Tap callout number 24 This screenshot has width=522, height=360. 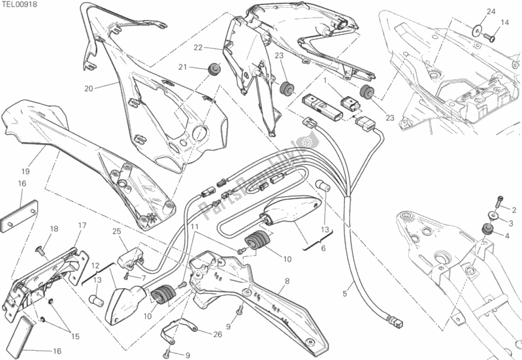[x=491, y=11]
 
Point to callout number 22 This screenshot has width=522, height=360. [x=197, y=48]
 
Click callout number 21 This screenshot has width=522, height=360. [x=183, y=67]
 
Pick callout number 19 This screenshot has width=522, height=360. [x=25, y=172]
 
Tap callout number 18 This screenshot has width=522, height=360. [x=54, y=229]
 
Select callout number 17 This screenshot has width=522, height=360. [x=83, y=226]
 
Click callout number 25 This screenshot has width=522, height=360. [x=116, y=231]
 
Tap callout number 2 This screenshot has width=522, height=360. [x=514, y=210]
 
